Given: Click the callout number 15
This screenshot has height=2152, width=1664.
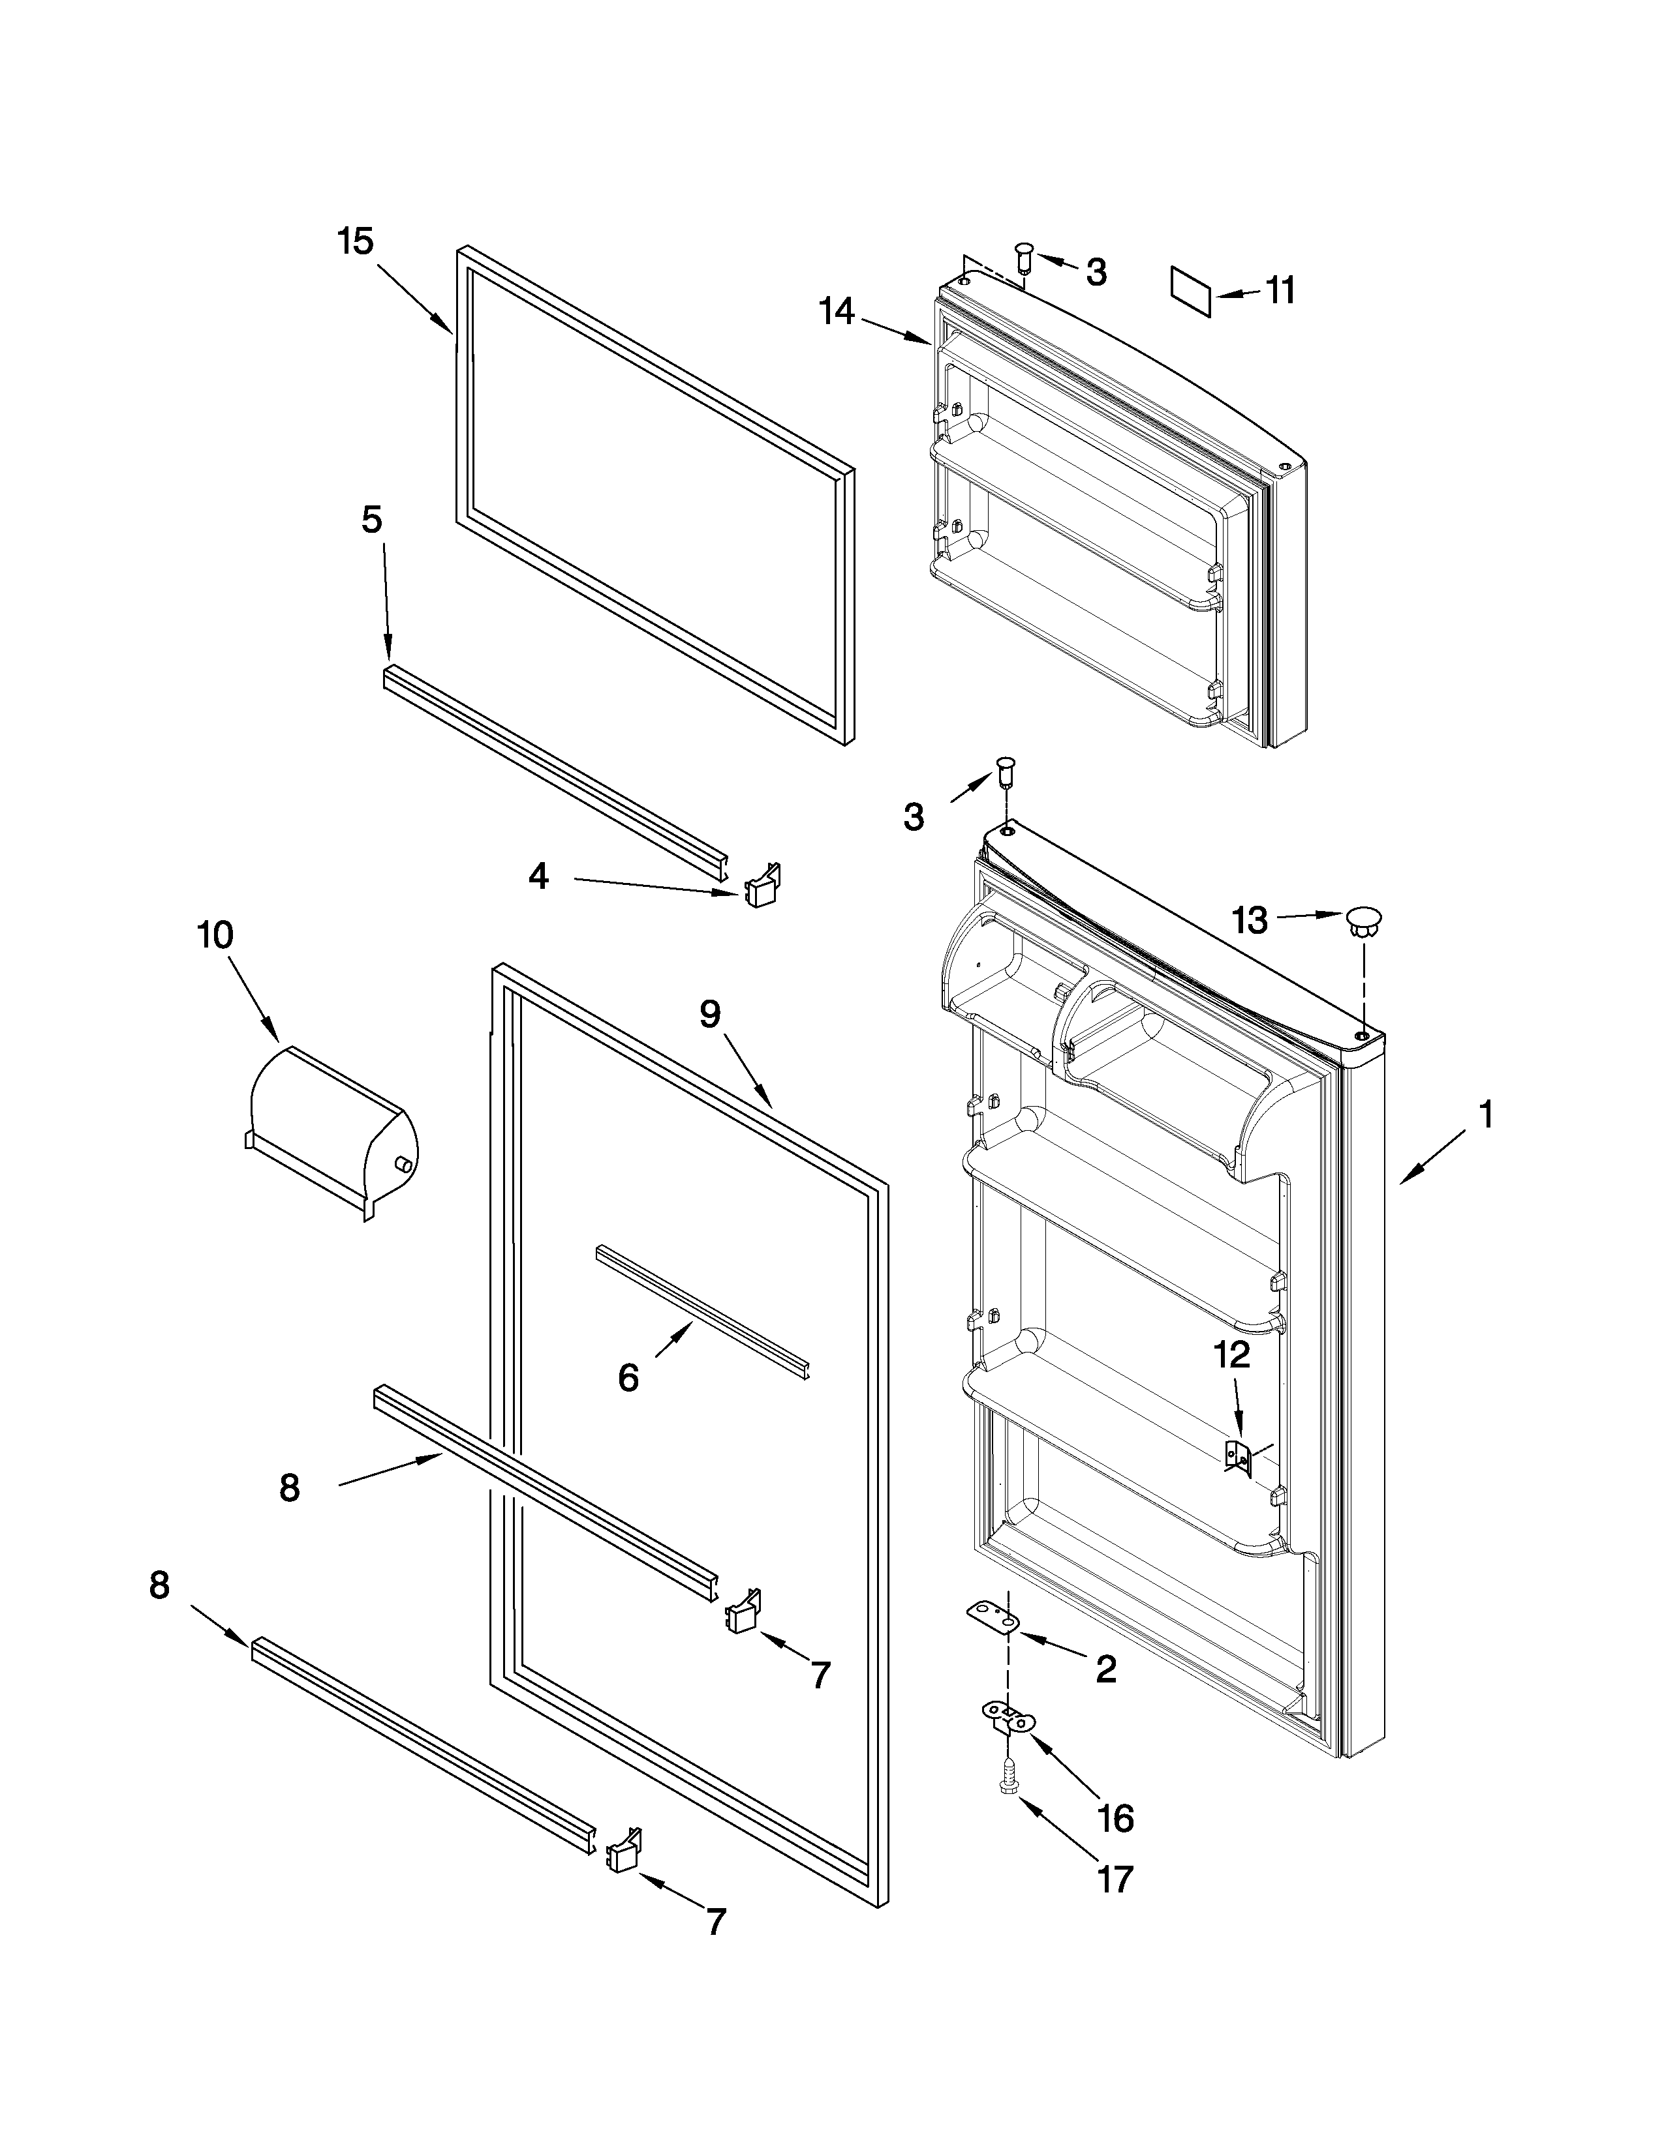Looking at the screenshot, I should pos(356,241).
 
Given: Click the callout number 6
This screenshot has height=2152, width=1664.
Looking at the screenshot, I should pos(628,1377).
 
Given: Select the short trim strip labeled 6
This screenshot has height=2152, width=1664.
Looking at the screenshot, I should pos(702,1311).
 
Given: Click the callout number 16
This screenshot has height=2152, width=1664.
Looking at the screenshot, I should pos(1115,1818).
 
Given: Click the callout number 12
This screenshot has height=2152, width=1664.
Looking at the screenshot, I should pos(1231,1355).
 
